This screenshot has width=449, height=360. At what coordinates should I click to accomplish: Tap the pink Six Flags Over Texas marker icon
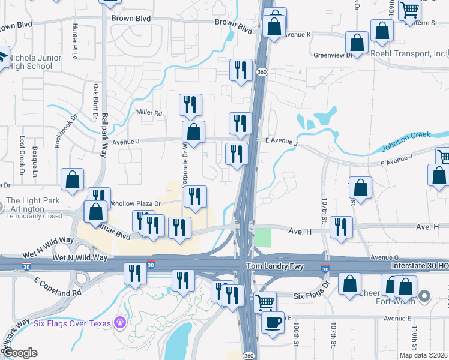pos(119,323)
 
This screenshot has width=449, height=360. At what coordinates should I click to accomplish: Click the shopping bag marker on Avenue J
pos(193,132)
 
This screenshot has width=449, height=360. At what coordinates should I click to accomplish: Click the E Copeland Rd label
pos(57,287)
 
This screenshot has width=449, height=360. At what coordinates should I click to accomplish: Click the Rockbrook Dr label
pos(59,131)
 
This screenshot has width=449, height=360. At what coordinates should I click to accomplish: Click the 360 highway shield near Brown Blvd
pos(262,71)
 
